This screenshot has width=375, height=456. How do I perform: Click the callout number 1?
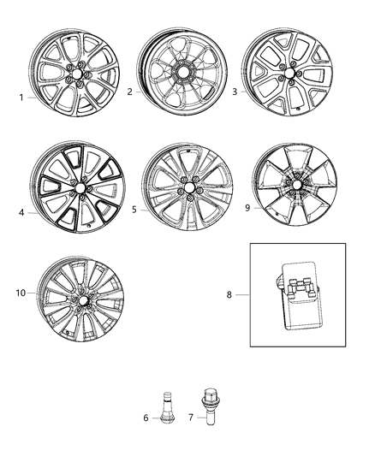(21, 97)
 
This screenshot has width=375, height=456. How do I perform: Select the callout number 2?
(129, 91)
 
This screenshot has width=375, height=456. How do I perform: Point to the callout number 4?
(21, 213)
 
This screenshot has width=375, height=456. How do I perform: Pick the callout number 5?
(134, 208)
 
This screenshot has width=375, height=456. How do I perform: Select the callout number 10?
(19, 293)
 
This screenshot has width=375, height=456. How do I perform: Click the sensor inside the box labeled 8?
(297, 294)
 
